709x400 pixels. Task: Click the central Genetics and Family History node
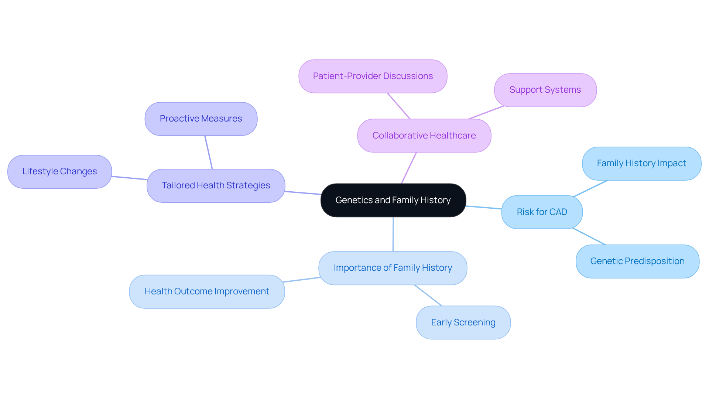(393, 200)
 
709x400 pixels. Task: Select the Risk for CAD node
(542, 212)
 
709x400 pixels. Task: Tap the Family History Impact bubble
(641, 163)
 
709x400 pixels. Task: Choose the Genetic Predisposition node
(637, 261)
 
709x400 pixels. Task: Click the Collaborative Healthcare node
(424, 136)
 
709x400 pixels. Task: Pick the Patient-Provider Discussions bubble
(373, 76)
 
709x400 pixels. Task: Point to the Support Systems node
(545, 90)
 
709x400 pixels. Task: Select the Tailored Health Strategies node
(216, 185)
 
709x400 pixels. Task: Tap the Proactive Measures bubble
(201, 119)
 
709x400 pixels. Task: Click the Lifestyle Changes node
(59, 171)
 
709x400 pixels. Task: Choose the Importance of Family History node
(393, 268)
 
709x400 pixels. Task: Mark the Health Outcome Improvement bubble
(207, 291)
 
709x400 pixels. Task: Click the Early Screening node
(463, 322)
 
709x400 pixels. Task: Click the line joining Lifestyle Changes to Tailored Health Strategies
(129, 178)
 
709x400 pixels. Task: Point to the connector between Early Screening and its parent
(428, 295)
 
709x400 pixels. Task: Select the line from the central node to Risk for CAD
(484, 208)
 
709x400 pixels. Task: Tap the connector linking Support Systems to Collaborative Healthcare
(486, 113)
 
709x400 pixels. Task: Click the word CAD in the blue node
(558, 212)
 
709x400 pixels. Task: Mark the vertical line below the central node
(393, 234)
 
